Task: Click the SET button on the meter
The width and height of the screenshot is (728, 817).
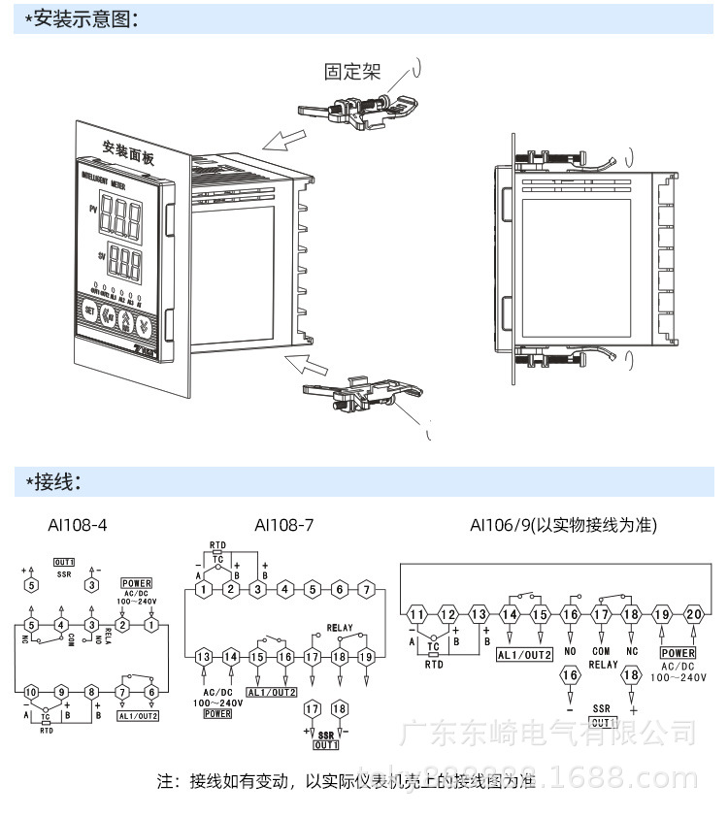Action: click(89, 312)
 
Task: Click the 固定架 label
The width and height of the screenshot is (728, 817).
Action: click(352, 71)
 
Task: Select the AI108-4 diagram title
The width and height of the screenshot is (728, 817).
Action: click(78, 525)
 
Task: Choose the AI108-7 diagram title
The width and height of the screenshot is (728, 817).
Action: click(283, 525)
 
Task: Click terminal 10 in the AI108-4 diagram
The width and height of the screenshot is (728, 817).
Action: click(32, 691)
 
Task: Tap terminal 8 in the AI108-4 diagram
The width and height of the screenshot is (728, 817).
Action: click(91, 691)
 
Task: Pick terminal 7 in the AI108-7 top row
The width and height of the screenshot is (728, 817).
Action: click(366, 589)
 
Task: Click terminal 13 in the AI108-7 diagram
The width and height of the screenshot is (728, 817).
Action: click(202, 657)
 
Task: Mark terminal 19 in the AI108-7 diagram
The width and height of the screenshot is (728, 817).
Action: click(366, 657)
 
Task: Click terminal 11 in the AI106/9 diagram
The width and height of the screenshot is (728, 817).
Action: click(416, 614)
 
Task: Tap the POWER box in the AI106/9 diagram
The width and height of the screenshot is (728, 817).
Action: click(678, 653)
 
